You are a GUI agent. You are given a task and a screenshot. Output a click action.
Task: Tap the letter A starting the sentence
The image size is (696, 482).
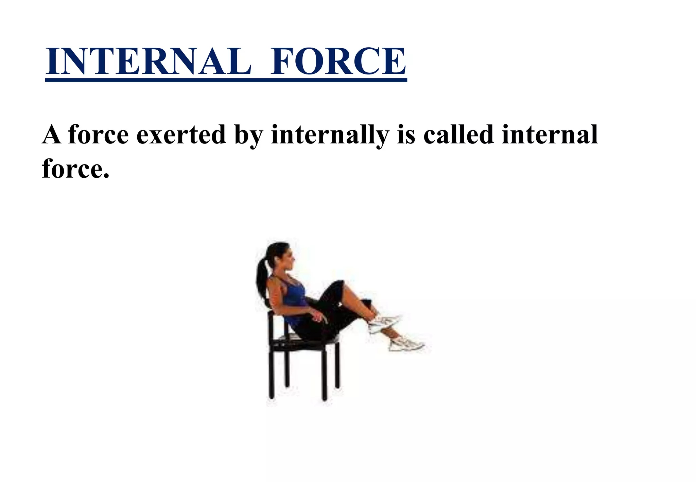(x=51, y=135)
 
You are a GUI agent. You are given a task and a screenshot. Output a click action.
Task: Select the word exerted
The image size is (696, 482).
(x=181, y=135)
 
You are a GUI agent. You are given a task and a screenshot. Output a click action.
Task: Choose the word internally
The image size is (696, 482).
(x=330, y=135)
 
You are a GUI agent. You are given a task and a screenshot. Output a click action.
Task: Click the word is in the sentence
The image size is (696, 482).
(x=406, y=135)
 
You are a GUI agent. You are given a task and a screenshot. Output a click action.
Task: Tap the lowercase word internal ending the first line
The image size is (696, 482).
(x=550, y=135)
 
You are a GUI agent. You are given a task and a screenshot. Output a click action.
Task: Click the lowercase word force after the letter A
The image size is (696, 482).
(x=99, y=135)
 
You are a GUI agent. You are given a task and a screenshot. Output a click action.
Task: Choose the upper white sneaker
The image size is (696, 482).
(x=384, y=323)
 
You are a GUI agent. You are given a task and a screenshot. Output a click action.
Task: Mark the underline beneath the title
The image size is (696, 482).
(x=226, y=80)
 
